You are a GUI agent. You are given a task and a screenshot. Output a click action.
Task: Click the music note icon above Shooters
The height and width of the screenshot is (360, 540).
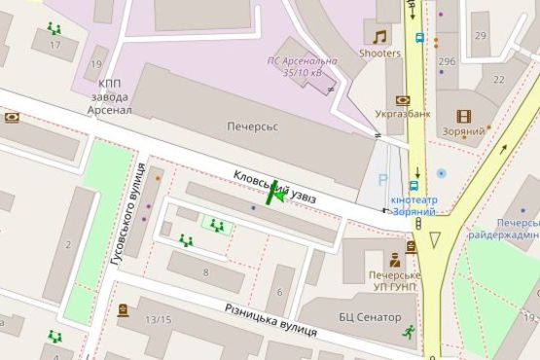[379, 37]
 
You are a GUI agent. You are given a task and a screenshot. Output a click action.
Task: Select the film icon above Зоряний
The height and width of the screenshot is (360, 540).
[464, 116]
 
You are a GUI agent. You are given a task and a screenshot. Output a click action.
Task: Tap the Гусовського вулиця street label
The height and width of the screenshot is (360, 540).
[127, 220]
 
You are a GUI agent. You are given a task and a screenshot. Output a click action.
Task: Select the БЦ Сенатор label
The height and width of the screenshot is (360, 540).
[370, 317]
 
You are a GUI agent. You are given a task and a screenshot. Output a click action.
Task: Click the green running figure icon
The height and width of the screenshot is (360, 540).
[409, 332]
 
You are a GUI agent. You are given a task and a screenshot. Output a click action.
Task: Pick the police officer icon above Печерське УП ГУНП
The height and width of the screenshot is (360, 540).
[394, 260]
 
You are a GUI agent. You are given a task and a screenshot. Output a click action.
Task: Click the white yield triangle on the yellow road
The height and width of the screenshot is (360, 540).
[435, 238]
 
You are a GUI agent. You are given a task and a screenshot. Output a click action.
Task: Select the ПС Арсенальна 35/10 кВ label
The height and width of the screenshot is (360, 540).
[303, 66]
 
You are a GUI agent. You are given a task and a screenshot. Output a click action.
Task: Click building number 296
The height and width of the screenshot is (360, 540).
[447, 61]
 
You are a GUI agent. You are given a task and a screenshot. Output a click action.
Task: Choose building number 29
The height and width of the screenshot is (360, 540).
[480, 36]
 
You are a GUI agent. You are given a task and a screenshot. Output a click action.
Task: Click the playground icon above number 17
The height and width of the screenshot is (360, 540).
[54, 29]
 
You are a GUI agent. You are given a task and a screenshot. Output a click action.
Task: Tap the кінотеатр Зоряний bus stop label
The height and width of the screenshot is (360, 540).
[414, 205]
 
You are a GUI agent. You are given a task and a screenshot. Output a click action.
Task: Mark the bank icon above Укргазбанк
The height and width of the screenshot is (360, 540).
[403, 99]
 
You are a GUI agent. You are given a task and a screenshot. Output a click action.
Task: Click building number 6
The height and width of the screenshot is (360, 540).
[279, 296]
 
